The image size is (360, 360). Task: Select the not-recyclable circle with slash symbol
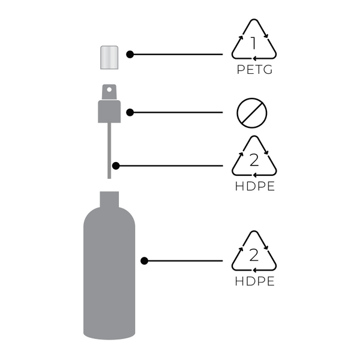point(253,112)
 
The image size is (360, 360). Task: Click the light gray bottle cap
point(109,56)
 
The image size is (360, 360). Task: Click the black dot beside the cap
point(130,55)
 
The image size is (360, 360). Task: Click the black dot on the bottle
point(144,261)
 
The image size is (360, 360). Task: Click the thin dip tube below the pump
point(109,150)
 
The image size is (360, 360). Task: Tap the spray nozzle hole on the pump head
point(109,91)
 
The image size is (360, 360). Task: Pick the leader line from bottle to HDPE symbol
point(186,261)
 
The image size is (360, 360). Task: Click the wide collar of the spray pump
point(109,112)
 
